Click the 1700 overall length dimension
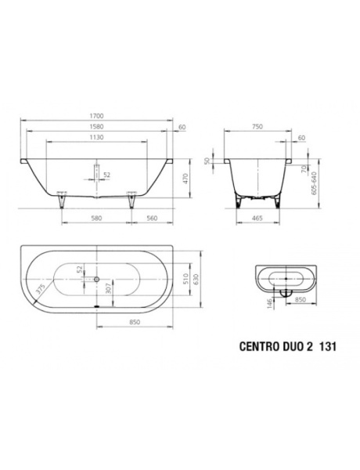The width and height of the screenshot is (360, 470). point(98,117)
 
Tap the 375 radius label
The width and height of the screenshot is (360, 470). point(38,289)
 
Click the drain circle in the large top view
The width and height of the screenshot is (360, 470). point(96,279)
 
